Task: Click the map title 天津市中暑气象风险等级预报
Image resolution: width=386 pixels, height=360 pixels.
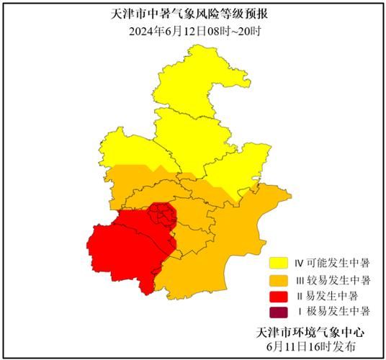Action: coord(193,14)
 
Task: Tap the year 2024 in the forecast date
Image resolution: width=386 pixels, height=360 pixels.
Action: coord(142,31)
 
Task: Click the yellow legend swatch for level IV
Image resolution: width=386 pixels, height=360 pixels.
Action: coord(278,263)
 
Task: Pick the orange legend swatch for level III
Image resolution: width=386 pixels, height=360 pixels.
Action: coord(278,279)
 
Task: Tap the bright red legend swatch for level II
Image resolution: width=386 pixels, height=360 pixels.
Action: coord(278,296)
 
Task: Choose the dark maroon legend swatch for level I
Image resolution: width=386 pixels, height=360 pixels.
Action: coord(278,312)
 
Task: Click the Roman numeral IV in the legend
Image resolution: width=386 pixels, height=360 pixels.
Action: coord(298,263)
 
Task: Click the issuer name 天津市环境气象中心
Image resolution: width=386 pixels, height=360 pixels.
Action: coord(310,332)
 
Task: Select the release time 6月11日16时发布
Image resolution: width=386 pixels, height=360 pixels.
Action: coord(310,346)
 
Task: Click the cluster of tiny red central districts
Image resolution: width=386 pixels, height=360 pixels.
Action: coord(163,215)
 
